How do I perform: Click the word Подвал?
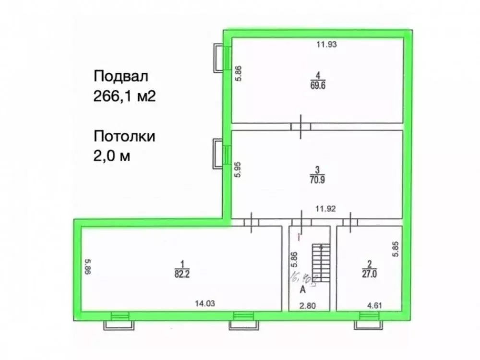point(121,76)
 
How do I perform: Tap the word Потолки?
point(124,136)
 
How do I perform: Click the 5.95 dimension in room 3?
point(238,169)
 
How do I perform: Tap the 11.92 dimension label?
point(325,209)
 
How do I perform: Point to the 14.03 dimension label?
point(204,303)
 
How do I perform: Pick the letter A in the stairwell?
point(302,289)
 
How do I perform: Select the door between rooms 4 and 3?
point(301,126)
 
